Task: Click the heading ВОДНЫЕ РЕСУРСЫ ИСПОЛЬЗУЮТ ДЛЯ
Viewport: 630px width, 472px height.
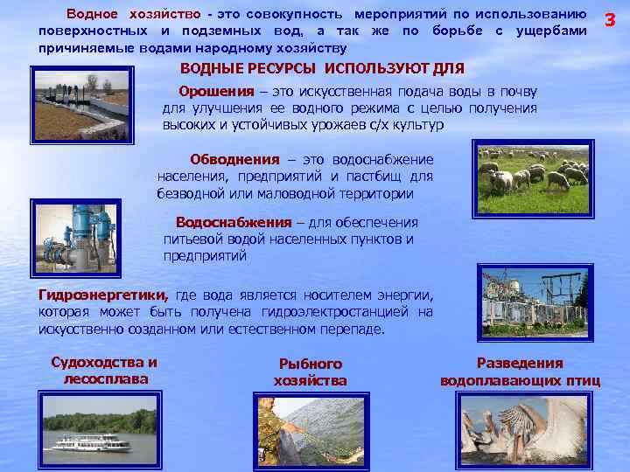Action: point(322,68)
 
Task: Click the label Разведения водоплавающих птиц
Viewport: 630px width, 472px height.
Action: point(520,371)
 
